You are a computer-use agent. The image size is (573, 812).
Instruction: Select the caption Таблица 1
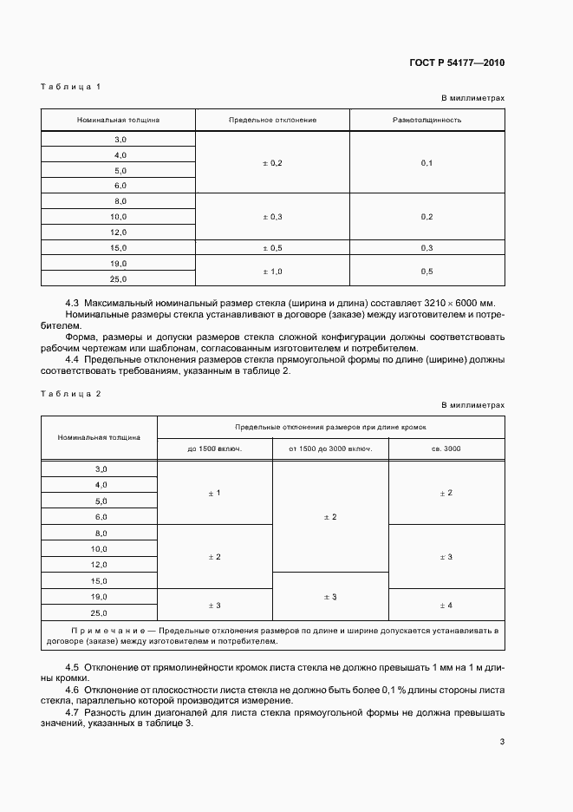[71, 87]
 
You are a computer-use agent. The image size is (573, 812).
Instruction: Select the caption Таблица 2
[71, 394]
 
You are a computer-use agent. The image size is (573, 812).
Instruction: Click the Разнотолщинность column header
[426, 119]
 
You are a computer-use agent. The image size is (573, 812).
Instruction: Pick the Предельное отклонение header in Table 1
[272, 119]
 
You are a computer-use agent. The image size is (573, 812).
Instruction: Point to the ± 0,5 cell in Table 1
[272, 247]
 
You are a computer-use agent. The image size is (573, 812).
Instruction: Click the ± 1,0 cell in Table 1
[272, 271]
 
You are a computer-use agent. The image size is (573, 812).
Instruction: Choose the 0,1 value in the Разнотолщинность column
[426, 163]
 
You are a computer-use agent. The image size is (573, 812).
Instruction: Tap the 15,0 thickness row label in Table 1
[119, 247]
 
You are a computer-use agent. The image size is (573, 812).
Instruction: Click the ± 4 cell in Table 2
[446, 605]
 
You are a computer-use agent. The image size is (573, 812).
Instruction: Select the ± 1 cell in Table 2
[214, 493]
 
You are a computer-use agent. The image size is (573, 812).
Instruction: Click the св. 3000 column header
[446, 449]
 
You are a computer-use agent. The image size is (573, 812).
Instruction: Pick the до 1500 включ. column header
[214, 449]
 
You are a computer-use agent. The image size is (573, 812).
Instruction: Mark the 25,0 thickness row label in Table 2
[100, 612]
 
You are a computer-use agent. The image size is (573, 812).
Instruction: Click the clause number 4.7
[73, 712]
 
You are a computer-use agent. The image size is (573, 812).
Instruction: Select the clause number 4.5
[73, 667]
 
